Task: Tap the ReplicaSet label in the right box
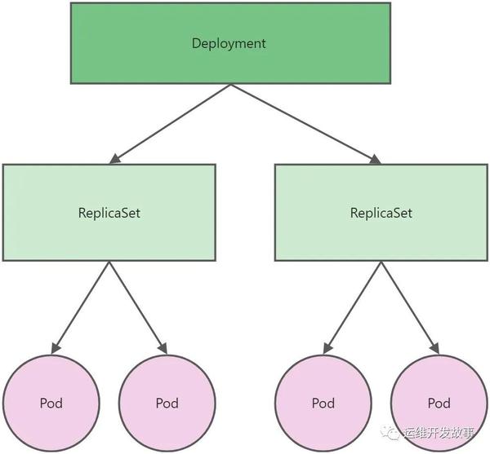click(381, 214)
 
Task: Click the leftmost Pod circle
click(51, 403)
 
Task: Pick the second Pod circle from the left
click(167, 403)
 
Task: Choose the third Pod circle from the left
click(323, 403)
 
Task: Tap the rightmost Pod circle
click(439, 403)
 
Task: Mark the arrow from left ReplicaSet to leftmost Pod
click(81, 306)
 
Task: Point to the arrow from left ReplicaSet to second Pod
click(137, 306)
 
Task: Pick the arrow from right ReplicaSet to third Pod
click(353, 306)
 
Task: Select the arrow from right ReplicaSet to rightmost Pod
click(409, 306)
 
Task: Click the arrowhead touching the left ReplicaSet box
click(115, 158)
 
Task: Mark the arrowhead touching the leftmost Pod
click(55, 349)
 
